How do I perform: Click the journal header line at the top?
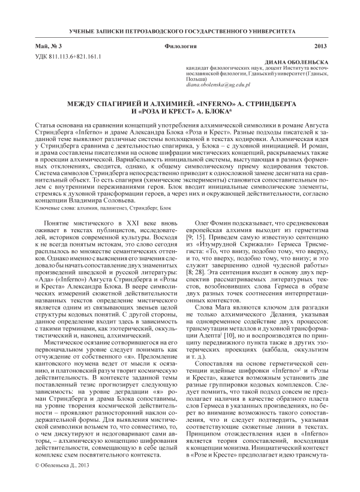(179, 29)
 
